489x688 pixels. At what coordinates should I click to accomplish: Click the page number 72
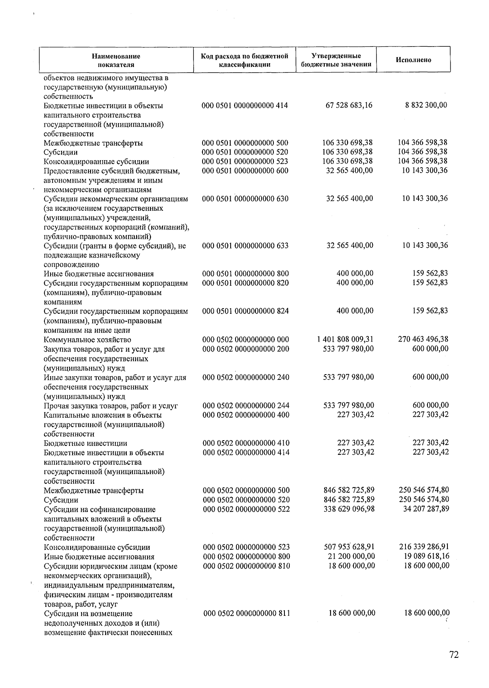pos(454,655)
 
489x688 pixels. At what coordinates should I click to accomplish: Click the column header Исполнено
pos(413,60)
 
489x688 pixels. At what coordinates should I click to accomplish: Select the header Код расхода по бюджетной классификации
pos(244,60)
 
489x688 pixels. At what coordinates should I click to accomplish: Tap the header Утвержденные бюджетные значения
pos(336,60)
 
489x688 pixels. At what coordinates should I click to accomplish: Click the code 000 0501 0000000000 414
pos(245,106)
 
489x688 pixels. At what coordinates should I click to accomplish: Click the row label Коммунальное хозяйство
pos(87,340)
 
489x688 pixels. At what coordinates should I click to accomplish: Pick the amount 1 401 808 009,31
pos(345,339)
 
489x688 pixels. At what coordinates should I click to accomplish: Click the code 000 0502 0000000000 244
pos(246,406)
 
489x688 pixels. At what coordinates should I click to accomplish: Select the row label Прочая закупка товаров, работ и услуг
pos(111,406)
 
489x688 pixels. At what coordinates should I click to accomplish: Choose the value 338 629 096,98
pos(349,509)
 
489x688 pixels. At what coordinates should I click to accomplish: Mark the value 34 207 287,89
pos(426,509)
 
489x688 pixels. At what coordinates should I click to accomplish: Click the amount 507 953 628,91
pos(349,547)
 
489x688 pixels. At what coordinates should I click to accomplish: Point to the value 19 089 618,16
pos(426,556)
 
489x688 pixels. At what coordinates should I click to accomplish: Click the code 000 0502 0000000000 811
pos(247,613)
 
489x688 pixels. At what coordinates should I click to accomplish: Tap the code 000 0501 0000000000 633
pos(245,246)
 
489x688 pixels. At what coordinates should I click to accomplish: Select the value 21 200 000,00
pos(351,556)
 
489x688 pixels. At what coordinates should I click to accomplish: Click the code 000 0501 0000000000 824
pos(246,311)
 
